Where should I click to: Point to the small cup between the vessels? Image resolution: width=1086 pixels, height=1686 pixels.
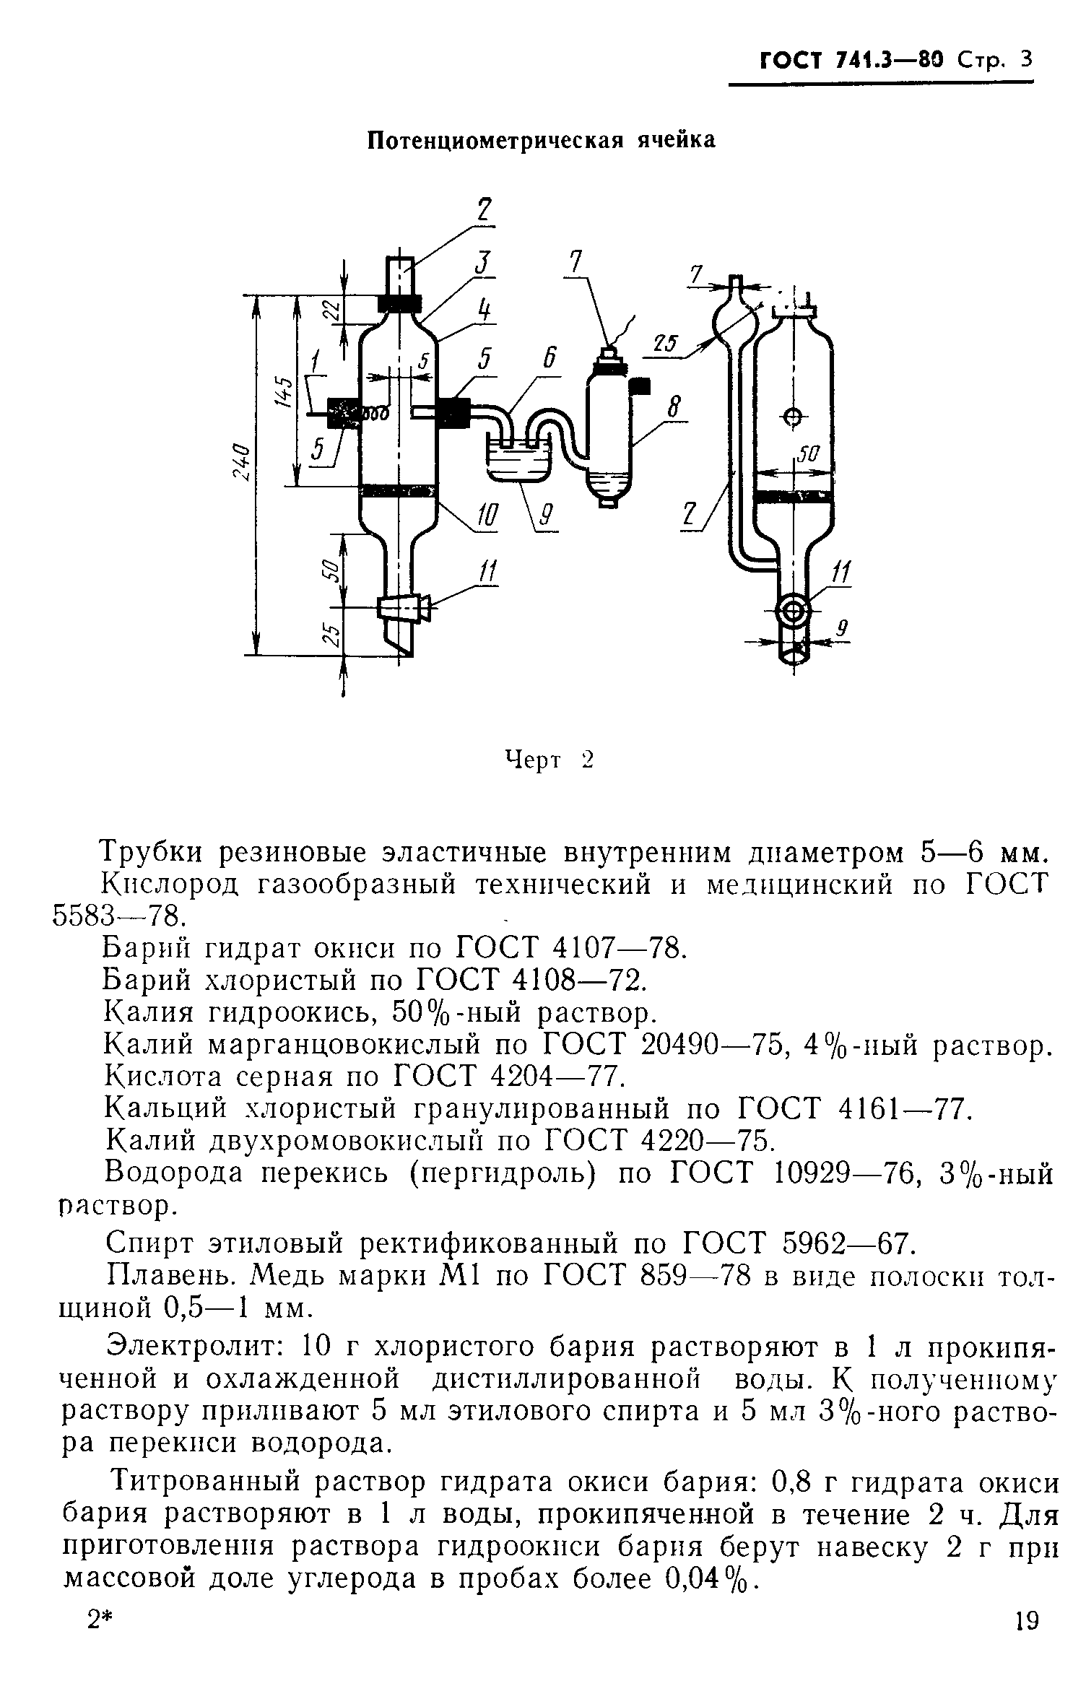[517, 462]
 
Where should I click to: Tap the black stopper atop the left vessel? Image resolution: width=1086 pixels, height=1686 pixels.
[399, 303]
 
